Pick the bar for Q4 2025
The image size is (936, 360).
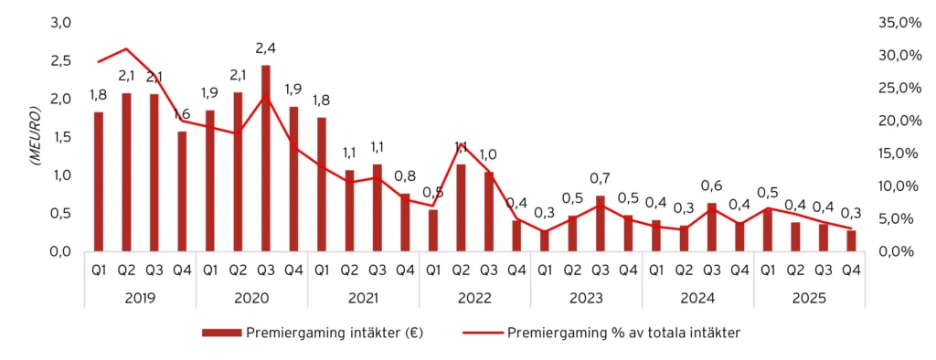tap(851, 240)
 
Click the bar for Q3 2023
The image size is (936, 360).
tap(601, 223)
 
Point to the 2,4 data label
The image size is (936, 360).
tap(265, 47)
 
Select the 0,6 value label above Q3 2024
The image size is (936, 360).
tap(712, 185)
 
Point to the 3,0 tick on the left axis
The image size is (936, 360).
tap(59, 22)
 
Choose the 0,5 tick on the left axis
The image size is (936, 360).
tap(59, 213)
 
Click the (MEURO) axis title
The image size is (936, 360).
tap(34, 136)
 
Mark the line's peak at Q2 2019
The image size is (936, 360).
tap(126, 48)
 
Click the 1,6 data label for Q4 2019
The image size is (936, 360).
tap(182, 113)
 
